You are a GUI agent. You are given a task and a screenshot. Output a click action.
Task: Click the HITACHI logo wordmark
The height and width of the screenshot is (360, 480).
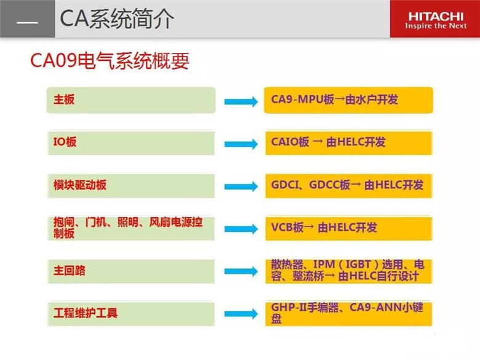tap(436, 16)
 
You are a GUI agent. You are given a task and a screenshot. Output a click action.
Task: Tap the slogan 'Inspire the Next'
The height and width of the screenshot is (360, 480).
tap(436, 26)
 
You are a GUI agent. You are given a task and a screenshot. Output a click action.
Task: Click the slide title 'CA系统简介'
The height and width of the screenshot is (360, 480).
tap(117, 19)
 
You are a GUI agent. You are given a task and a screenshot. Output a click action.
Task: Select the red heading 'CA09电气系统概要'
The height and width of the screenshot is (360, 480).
tap(110, 60)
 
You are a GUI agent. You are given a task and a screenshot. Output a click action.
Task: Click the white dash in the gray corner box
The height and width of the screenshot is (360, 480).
tap(27, 22)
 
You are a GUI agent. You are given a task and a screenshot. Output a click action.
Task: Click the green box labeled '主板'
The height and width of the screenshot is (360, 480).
tap(131, 100)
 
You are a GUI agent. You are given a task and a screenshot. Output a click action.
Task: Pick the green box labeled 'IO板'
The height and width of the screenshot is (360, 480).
tap(131, 143)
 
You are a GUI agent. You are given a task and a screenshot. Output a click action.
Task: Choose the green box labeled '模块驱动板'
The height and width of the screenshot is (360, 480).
tap(131, 186)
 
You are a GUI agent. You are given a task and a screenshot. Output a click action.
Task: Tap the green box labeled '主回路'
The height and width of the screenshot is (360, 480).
tap(131, 271)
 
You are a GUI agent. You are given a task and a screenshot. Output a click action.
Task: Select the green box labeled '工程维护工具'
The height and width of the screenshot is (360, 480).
tap(131, 314)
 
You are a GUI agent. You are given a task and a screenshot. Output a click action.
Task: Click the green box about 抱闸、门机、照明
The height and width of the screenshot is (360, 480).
tap(131, 228)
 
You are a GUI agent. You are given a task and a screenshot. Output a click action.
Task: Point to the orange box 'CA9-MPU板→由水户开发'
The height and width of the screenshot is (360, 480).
tap(349, 100)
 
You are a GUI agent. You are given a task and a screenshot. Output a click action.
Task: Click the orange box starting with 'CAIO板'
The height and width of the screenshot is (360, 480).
tap(349, 143)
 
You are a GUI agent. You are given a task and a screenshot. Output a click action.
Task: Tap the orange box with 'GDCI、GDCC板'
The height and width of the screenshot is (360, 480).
tap(349, 186)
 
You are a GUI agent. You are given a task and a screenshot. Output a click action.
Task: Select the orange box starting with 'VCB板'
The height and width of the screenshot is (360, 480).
tap(349, 228)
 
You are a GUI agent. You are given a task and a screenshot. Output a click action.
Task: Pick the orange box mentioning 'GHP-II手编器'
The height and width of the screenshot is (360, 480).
tap(349, 314)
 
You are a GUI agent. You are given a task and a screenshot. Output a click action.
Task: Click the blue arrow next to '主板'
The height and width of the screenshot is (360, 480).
tap(241, 102)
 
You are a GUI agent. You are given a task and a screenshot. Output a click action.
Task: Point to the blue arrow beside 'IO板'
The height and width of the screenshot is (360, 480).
tap(241, 144)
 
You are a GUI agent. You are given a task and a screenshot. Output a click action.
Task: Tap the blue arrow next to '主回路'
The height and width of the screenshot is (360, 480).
tap(241, 271)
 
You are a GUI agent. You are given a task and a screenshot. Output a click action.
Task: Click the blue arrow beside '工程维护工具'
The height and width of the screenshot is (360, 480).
tap(241, 314)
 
